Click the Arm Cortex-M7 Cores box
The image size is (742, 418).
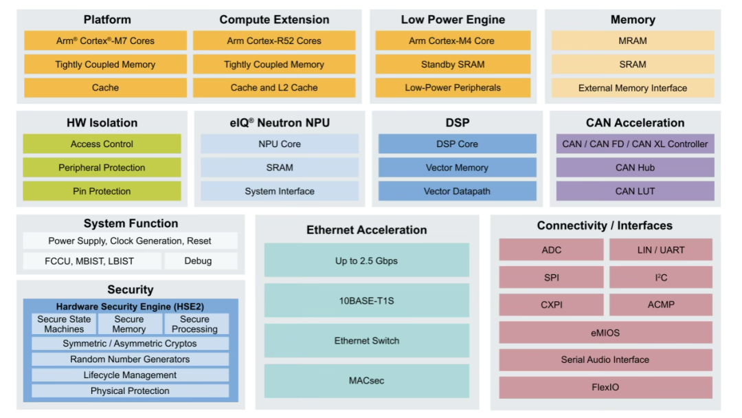105,41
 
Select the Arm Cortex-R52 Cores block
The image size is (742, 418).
274,41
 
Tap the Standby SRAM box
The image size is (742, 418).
453,65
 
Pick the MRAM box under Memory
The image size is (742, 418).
633,41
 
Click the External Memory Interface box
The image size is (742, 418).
633,88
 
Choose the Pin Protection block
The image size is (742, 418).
102,191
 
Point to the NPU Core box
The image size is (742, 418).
280,144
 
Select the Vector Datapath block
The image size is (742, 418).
457,191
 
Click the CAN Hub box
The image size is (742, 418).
635,168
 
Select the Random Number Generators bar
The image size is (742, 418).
130,360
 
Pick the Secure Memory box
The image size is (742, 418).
129,324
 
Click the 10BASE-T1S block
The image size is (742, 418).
367,300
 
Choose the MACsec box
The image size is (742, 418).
367,381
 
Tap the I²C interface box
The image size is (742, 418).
661,277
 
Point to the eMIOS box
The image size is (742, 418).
606,333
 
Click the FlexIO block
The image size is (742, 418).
606,387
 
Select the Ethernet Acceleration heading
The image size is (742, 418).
367,230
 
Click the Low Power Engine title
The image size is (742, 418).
453,20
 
